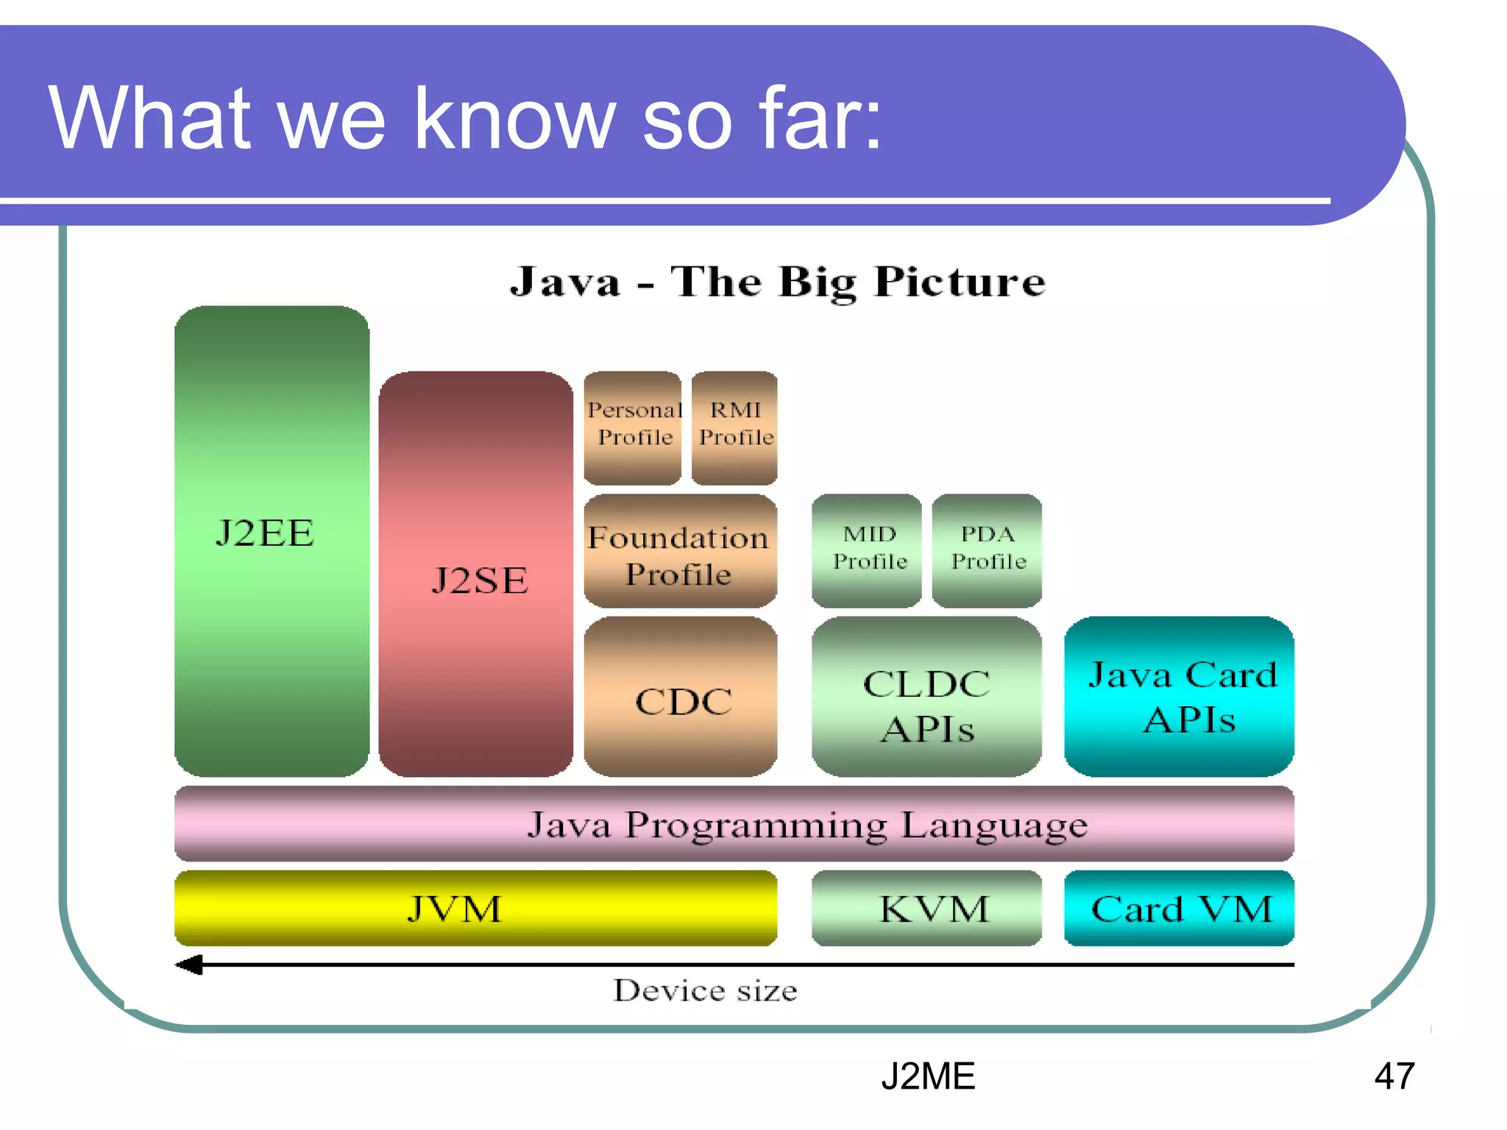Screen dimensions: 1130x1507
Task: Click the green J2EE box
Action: (x=272, y=541)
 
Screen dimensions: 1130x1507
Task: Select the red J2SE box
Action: (x=475, y=574)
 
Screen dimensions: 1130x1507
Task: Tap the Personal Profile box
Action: (x=633, y=427)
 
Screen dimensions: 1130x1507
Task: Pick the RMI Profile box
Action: (x=734, y=427)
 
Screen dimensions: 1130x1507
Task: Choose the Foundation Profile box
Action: (x=680, y=551)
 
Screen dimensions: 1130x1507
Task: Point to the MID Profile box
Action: (x=867, y=550)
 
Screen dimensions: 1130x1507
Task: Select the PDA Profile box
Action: (x=987, y=550)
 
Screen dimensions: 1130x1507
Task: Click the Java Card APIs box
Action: (x=1179, y=697)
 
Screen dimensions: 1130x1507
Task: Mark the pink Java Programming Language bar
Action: (x=734, y=824)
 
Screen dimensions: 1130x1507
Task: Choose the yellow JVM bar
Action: (x=475, y=909)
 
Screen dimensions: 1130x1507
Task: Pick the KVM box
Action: (x=926, y=909)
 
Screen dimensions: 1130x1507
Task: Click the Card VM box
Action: (x=1179, y=909)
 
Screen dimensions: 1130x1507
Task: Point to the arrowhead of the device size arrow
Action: (x=188, y=964)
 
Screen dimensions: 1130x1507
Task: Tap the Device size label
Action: (x=705, y=991)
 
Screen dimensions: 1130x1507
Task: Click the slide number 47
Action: (x=1394, y=1076)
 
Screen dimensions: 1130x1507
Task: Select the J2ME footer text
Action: (x=928, y=1076)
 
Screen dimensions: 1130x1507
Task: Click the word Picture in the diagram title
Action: (x=960, y=282)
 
